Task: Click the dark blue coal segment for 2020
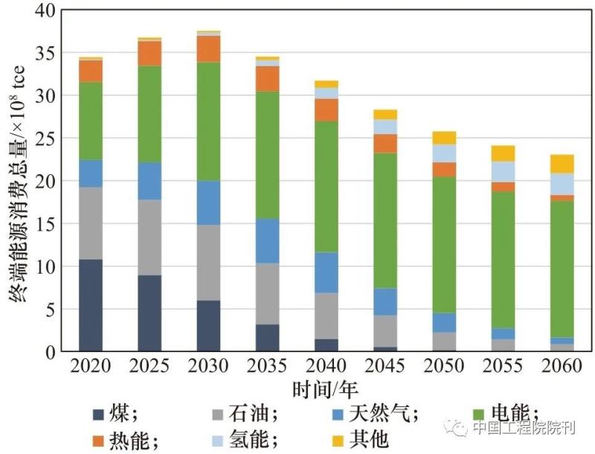(91, 305)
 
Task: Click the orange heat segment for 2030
(208, 49)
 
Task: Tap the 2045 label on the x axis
(385, 365)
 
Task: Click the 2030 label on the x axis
(208, 365)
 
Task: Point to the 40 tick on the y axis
(46, 11)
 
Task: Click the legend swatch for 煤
(98, 415)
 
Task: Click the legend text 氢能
(251, 439)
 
